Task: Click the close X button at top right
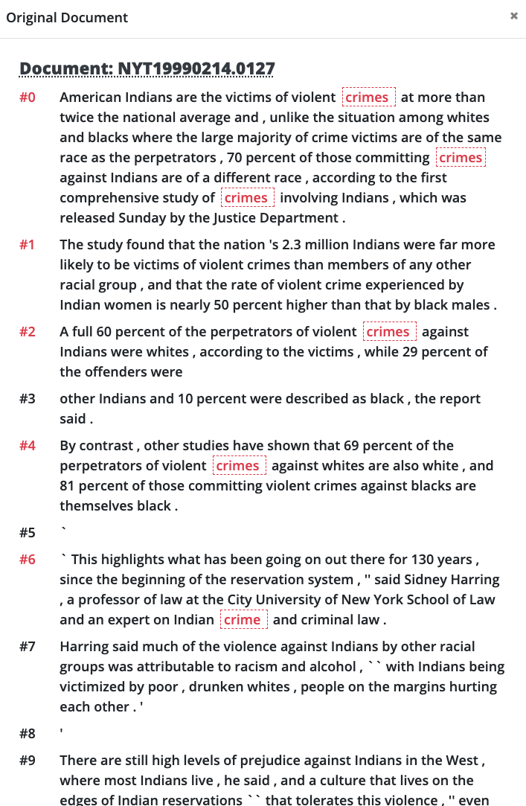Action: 513,16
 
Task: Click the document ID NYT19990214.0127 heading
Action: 147,69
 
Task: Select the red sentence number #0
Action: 28,97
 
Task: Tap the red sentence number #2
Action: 28,332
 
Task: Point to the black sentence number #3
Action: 28,399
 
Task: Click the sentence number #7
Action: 28,647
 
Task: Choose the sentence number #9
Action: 28,761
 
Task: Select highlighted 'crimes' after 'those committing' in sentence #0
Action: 461,158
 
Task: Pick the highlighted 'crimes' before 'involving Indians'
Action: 247,198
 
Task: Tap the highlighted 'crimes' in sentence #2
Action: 389,332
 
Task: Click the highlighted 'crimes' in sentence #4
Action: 238,466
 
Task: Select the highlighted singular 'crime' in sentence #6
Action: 243,620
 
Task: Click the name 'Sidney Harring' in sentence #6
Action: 453,580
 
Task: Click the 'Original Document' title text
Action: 67,18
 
